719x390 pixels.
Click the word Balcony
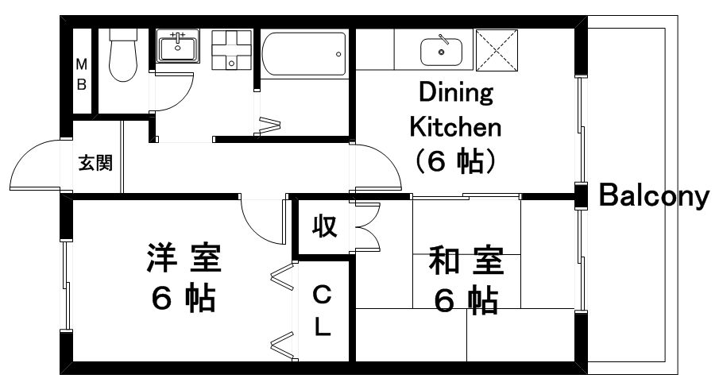coord(652,195)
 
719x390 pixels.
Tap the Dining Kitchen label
coord(454,127)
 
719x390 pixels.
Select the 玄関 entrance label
coord(95,164)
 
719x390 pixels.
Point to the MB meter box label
coord(81,74)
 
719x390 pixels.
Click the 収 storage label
coord(323,227)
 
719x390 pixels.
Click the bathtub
coord(304,55)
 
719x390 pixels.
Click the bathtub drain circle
coord(339,55)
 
